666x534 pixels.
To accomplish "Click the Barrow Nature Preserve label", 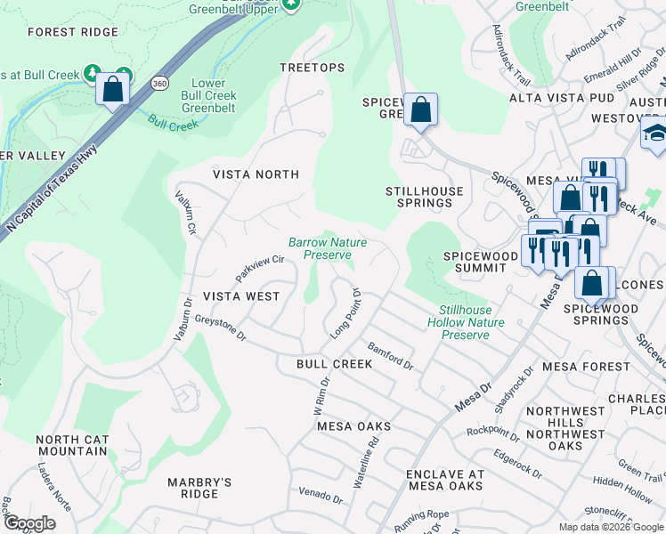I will coord(328,248).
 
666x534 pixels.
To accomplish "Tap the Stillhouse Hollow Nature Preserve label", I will coord(466,322).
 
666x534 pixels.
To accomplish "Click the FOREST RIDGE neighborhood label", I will coord(73,32).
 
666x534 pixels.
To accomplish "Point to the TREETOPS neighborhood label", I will coord(312,68).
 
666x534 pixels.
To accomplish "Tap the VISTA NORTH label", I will coord(256,174).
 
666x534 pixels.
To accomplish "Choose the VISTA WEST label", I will coord(241,295).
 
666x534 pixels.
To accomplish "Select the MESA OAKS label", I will coord(354,426).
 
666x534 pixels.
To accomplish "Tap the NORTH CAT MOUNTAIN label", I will coord(72,445).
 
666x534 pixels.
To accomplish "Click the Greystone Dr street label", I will coord(220,327).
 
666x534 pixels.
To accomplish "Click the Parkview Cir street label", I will coord(259,265).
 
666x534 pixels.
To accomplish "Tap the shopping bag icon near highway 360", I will coord(113,89).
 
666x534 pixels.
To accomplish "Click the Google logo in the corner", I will coord(29,523).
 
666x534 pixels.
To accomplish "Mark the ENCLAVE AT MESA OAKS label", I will coord(445,480).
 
